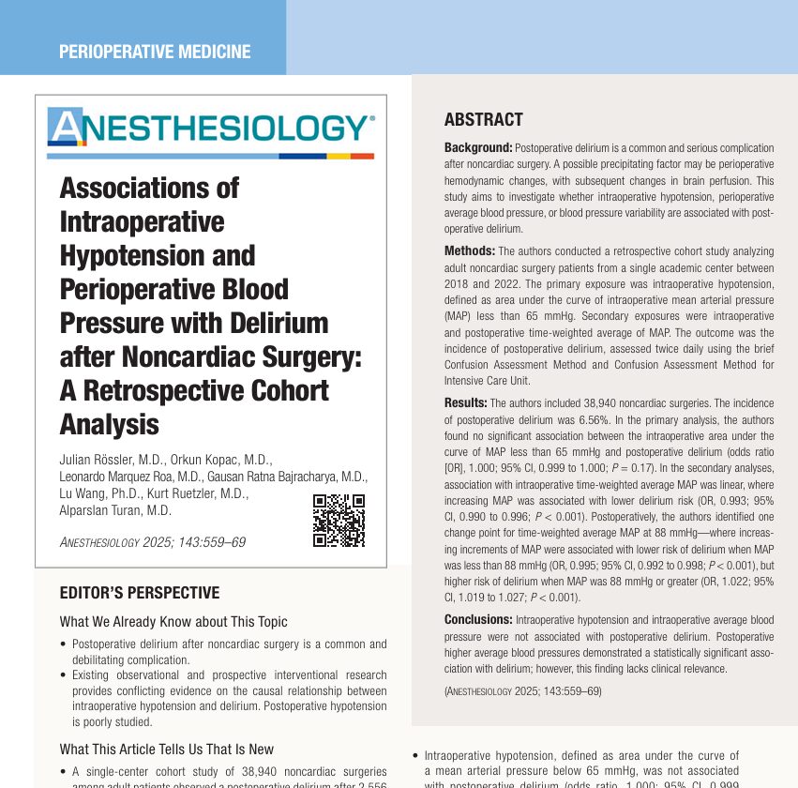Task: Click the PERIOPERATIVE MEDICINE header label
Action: (155, 52)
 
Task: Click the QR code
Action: (339, 521)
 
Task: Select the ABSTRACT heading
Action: (483, 120)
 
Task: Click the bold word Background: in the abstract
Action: (478, 148)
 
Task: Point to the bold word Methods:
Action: (470, 251)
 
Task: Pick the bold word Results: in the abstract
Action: (466, 402)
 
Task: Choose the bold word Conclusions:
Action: (478, 620)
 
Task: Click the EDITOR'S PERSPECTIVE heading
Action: (140, 593)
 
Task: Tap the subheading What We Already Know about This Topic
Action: (173, 622)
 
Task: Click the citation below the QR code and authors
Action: (153, 542)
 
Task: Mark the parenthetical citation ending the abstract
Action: (522, 690)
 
